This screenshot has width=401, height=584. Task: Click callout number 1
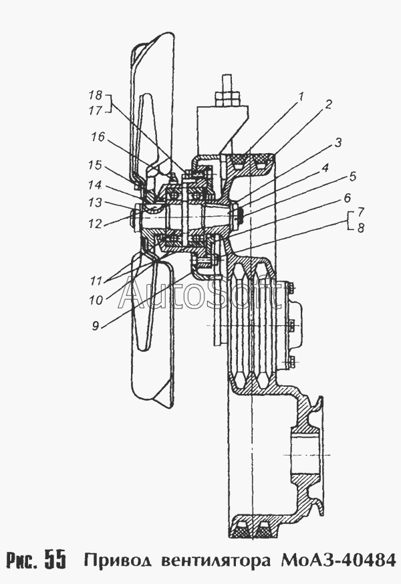pyautogui.click(x=301, y=97)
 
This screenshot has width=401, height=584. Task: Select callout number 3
pyautogui.click(x=338, y=142)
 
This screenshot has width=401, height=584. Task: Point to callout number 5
pyautogui.click(x=352, y=177)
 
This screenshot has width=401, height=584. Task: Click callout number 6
pyautogui.click(x=346, y=198)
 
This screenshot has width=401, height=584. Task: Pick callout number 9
pyautogui.click(x=96, y=326)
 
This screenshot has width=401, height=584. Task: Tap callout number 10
pyautogui.click(x=96, y=300)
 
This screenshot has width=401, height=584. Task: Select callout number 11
pyautogui.click(x=96, y=280)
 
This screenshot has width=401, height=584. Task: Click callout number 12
pyautogui.click(x=95, y=224)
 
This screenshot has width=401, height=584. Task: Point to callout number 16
pyautogui.click(x=98, y=137)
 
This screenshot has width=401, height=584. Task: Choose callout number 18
pyautogui.click(x=96, y=96)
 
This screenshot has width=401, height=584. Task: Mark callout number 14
pyautogui.click(x=95, y=185)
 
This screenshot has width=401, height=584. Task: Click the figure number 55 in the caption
pyautogui.click(x=55, y=559)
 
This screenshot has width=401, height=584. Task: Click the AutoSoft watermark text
pyautogui.click(x=199, y=295)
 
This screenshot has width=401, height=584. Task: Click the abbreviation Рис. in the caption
pyautogui.click(x=22, y=559)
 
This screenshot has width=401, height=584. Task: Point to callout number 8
pyautogui.click(x=360, y=228)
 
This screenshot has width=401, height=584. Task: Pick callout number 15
pyautogui.click(x=95, y=165)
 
